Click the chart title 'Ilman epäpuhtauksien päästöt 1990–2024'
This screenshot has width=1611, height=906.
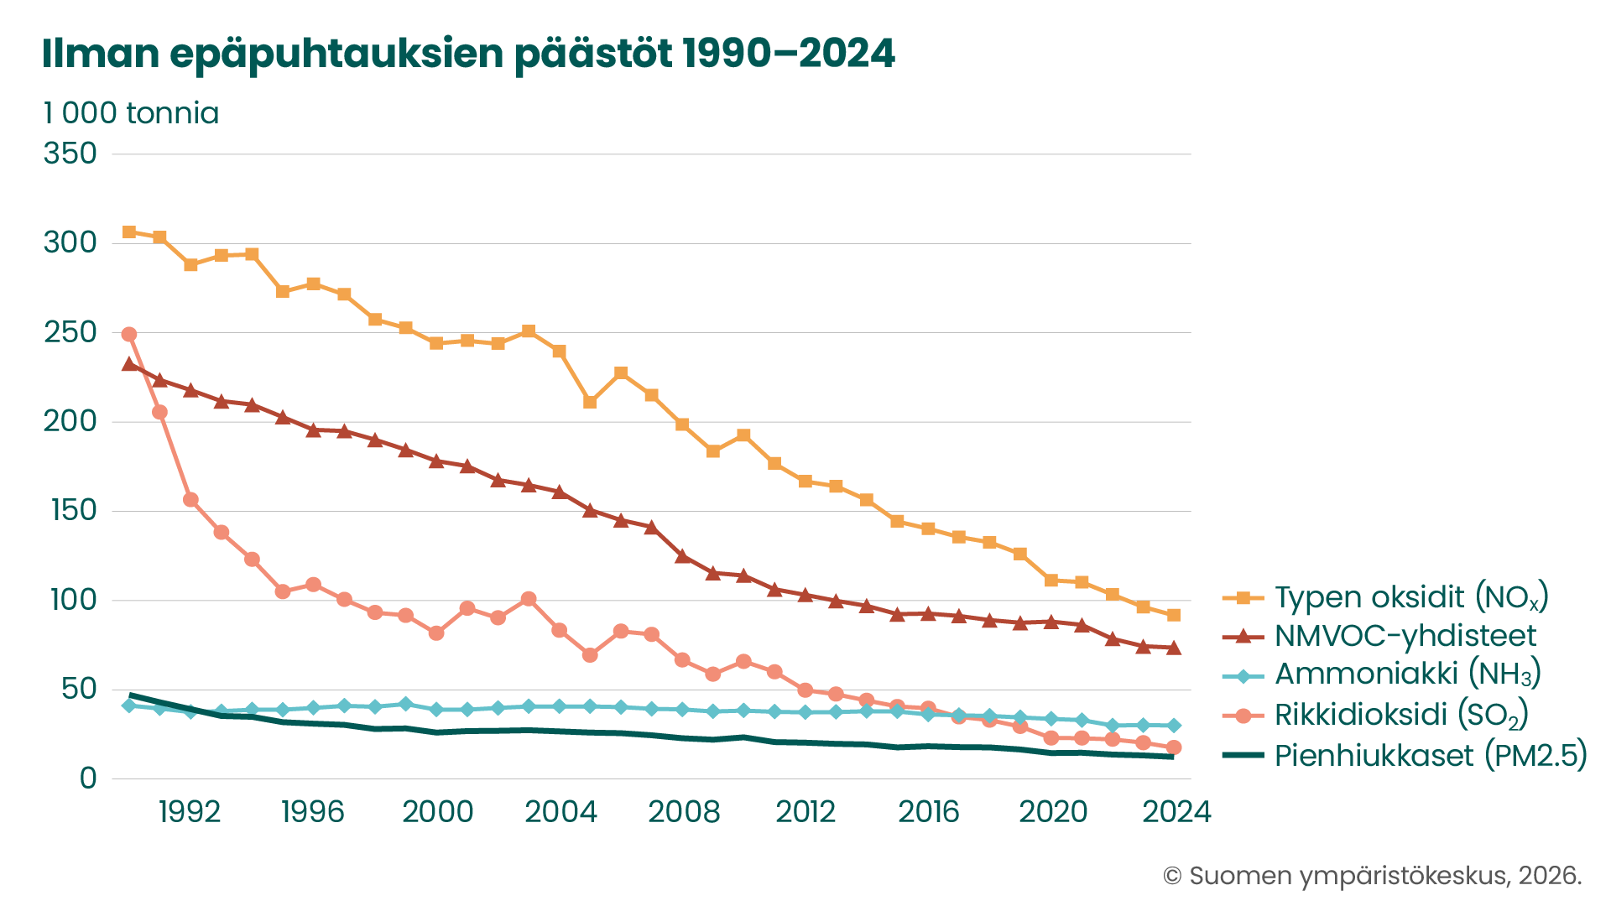(468, 54)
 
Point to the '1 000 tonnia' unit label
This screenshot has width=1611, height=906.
(131, 113)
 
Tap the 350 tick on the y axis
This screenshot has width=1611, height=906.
(70, 154)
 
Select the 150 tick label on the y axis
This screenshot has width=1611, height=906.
(74, 510)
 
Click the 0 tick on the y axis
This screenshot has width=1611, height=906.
(88, 778)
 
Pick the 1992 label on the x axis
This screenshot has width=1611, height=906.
(190, 812)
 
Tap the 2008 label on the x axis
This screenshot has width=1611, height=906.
(684, 812)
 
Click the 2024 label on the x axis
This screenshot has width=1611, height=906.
(1177, 812)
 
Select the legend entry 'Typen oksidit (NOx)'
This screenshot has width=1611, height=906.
(1386, 597)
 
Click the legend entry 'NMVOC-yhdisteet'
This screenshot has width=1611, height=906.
(1379, 636)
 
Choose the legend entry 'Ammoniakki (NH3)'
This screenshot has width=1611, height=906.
(1382, 674)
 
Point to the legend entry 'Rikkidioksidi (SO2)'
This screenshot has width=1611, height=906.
(1376, 715)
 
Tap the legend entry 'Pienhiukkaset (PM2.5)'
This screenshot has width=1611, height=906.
(1405, 755)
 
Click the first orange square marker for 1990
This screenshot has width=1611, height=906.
(129, 232)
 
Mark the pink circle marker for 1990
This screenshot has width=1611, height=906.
(129, 334)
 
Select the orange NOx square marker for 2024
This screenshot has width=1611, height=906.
(1174, 615)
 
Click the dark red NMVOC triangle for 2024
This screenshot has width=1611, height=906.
(1174, 648)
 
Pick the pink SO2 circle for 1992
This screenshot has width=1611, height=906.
(190, 500)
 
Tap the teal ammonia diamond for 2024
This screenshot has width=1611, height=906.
(1174, 726)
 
